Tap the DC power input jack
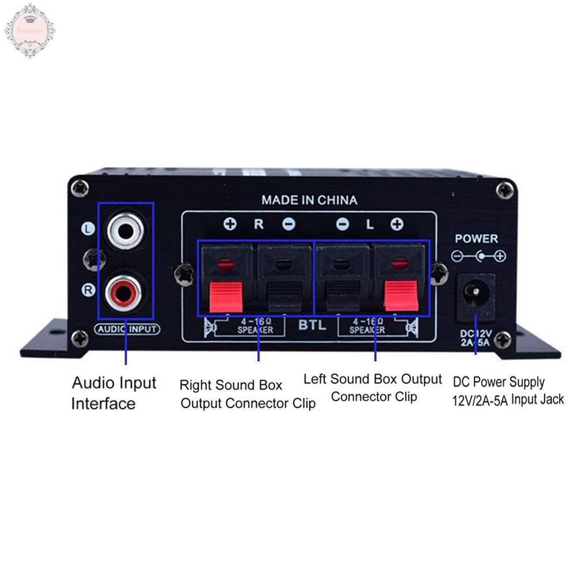[x=476, y=295]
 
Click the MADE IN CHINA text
[x=309, y=200]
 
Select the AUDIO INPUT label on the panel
[x=126, y=329]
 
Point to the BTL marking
[x=312, y=325]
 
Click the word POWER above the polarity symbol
[x=476, y=238]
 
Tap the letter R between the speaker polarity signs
[x=258, y=224]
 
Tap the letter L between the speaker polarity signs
[x=370, y=224]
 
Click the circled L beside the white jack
[x=88, y=229]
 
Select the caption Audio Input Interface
[x=114, y=393]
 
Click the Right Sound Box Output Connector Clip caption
[x=248, y=394]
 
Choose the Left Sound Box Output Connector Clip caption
[x=373, y=388]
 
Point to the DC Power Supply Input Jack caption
[x=508, y=391]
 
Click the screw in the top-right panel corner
[x=505, y=189]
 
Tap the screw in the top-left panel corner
[x=80, y=188]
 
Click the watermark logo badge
[x=30, y=30]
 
